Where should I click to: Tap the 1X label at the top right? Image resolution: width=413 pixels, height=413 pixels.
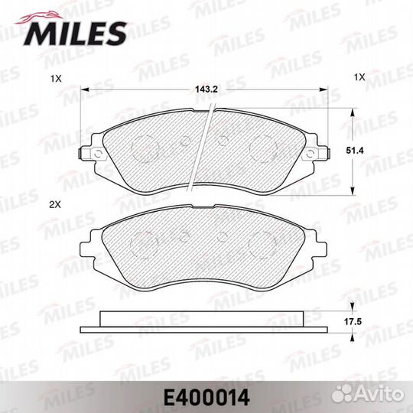click(360, 77)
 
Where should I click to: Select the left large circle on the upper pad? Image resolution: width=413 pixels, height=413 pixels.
click(145, 147)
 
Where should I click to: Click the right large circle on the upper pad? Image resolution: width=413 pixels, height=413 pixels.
click(265, 147)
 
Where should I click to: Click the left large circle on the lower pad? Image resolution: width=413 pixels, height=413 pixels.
click(145, 243)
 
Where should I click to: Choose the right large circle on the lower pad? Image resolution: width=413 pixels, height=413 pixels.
click(265, 243)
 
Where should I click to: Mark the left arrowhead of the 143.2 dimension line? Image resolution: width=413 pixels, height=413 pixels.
click(86, 89)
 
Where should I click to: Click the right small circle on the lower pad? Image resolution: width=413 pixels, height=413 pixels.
click(223, 236)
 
